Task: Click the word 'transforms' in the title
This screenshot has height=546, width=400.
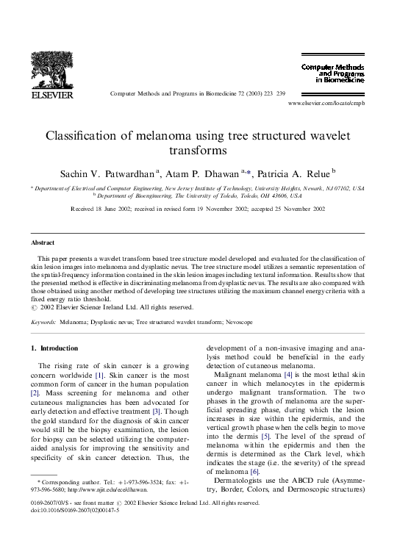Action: point(199,150)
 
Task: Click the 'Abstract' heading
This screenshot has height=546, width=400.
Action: point(42,242)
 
